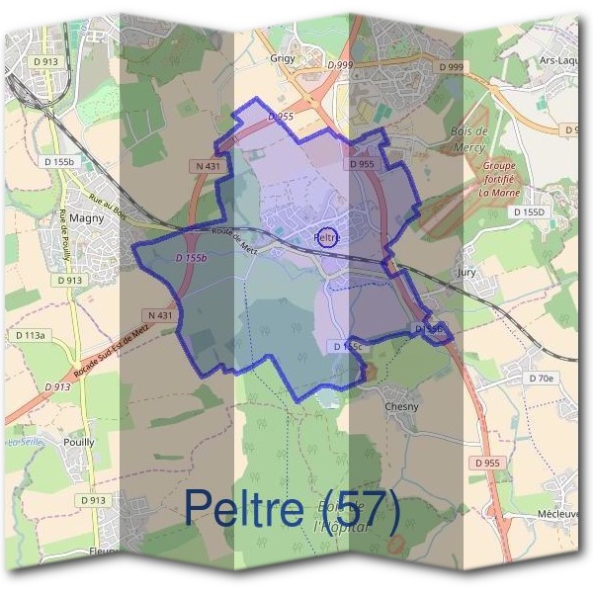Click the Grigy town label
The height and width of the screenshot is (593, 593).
(283, 58)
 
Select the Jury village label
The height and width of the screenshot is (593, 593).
(466, 269)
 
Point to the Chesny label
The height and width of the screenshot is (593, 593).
(401, 406)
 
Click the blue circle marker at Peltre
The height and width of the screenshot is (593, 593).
(330, 237)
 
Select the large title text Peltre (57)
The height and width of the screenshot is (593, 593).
(293, 508)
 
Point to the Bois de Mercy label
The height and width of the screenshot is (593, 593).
(469, 137)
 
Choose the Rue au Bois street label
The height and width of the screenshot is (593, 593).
(109, 210)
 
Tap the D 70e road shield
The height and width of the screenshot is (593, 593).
(541, 379)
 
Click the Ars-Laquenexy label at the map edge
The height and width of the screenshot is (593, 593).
(559, 59)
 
